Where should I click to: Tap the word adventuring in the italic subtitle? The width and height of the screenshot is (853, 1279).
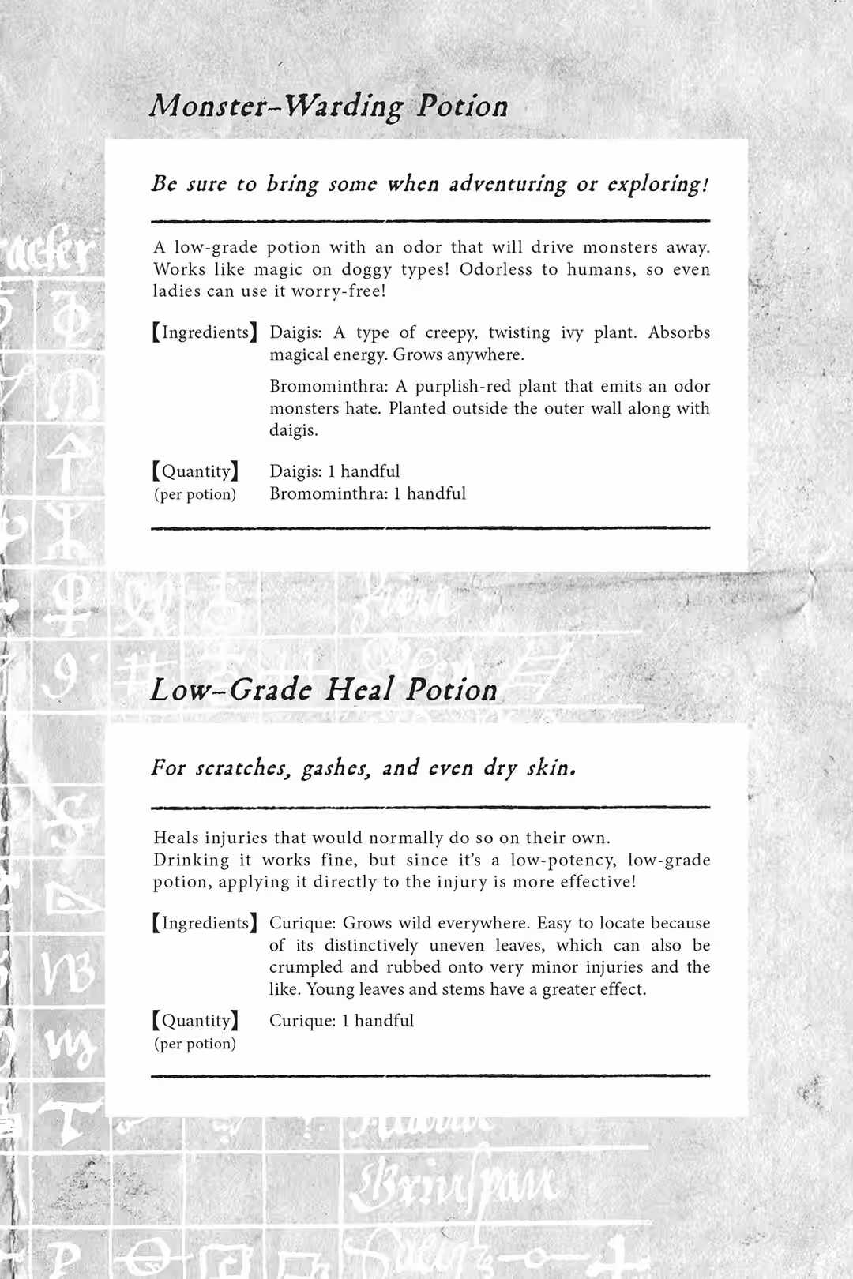[508, 184]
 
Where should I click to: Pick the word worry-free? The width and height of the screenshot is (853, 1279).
[339, 291]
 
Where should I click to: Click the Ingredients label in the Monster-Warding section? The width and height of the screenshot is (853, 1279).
[205, 332]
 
